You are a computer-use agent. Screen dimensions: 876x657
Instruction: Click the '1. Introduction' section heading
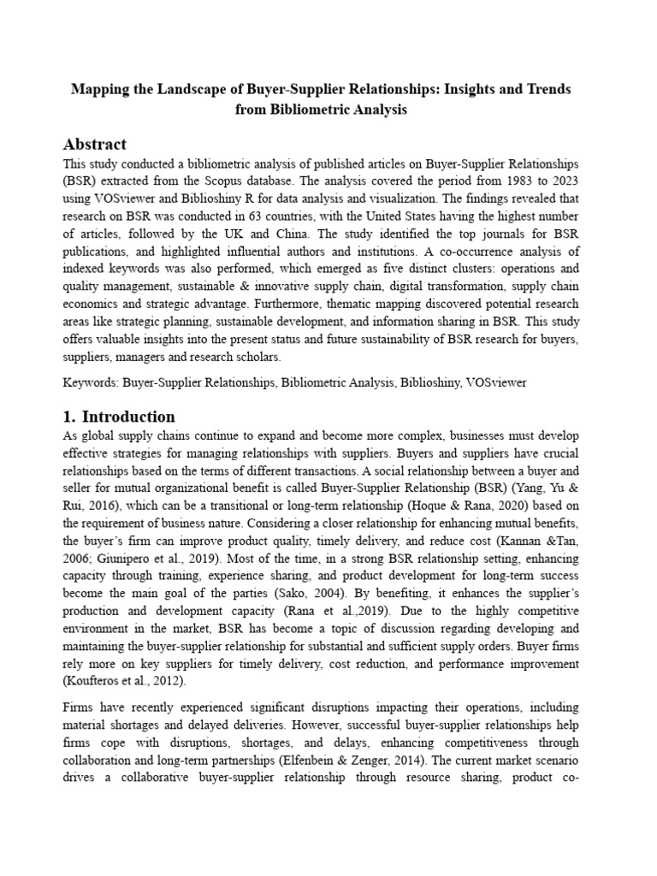120,417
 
